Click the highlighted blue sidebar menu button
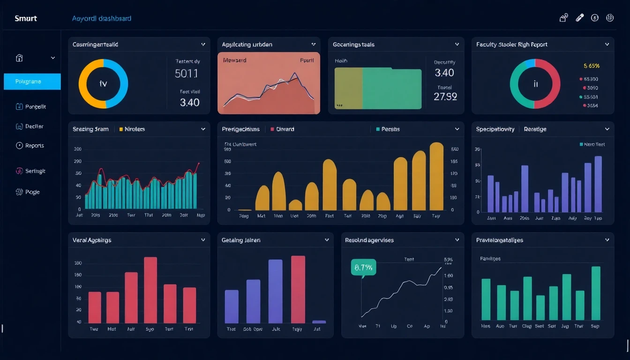coord(32,82)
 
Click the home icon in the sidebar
coord(19,58)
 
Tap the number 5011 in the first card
coord(186,74)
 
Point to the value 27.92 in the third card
coord(445,97)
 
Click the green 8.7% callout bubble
coord(363,268)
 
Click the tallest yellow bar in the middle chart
coord(436,177)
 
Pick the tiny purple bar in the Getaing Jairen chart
coord(319,322)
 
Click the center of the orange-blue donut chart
coord(103,84)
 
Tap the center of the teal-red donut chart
coord(535,84)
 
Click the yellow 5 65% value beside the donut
coord(592,66)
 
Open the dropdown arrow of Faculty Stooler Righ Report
coord(607,45)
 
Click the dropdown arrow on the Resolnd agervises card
coord(457,240)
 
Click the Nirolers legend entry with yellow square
coord(134,129)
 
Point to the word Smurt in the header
coord(26,19)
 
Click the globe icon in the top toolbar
coord(610,18)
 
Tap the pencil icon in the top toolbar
coord(579,18)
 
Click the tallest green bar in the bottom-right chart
coord(596,293)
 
